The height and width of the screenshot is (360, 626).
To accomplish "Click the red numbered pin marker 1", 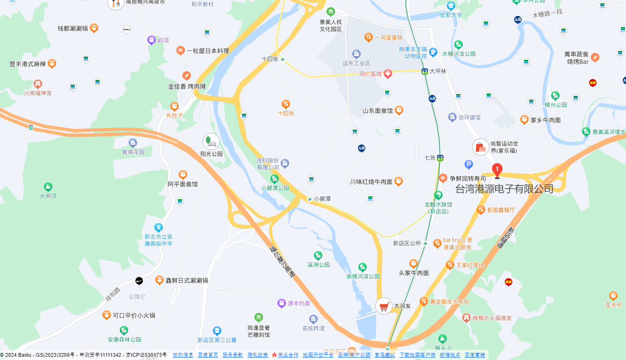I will point(497,170).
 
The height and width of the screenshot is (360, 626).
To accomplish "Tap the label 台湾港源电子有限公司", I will point(504,189).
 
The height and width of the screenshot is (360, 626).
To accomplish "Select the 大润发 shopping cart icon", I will point(384,307).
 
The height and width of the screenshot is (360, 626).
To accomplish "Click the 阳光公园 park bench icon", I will point(211,141).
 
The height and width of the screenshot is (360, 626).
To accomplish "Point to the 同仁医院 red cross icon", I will point(387,74).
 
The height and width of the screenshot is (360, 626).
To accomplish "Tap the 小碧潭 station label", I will point(322,199).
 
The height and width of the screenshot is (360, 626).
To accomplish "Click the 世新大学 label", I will point(451,15).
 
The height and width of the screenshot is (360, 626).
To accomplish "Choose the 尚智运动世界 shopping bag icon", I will point(480,147).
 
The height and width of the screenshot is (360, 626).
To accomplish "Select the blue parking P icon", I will point(469,164).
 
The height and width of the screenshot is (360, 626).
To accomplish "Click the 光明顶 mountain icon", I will point(48,187).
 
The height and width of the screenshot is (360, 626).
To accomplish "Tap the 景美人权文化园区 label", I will point(331,26).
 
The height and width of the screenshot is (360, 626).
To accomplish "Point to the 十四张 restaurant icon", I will point(286,104).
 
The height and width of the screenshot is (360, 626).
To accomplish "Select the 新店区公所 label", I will point(407,243).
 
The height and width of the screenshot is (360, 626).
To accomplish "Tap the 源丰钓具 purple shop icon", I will point(281,303).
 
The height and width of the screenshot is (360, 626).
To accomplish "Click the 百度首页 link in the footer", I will point(208,355).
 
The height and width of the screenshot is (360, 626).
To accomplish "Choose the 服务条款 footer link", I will point(233,355).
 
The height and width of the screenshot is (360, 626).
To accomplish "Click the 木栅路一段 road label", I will point(547,14).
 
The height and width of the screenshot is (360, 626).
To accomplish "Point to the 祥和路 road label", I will point(113,294).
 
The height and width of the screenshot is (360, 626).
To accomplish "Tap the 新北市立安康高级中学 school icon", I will point(159,227).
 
